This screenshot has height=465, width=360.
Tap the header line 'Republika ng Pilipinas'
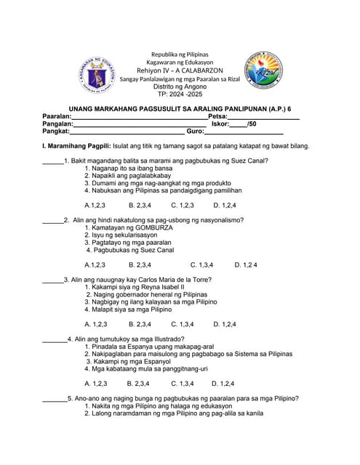179,55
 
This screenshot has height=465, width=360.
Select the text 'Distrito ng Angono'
180,86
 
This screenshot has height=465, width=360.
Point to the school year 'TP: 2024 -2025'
180,94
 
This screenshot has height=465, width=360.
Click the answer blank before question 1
52,161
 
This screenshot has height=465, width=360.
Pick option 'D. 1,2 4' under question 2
246,264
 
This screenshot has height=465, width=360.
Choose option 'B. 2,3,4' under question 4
137,383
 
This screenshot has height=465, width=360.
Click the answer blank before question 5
54,399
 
